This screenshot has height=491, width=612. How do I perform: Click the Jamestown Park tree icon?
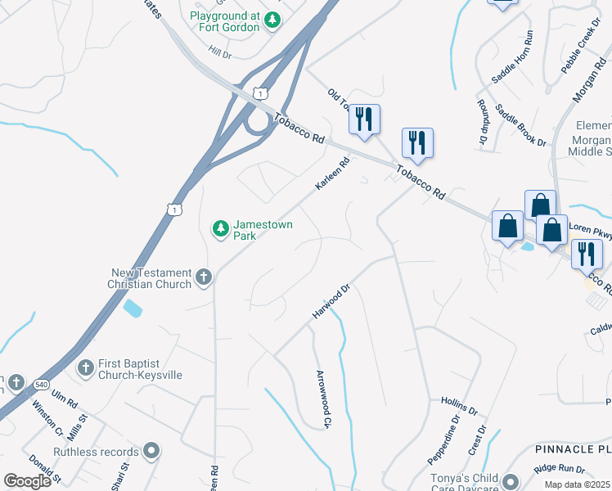point(220,229)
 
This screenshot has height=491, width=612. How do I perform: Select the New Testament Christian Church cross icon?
point(204,278)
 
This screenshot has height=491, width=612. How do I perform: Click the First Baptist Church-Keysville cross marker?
point(85,368)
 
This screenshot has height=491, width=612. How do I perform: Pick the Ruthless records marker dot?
point(151,451)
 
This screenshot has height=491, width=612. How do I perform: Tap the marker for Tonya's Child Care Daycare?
point(511,482)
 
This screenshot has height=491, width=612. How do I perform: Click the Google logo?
point(27,481)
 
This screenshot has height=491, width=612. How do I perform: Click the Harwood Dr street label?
point(331,302)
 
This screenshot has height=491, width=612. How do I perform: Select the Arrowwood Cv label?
point(323,399)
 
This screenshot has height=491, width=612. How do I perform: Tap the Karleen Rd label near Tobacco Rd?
point(332,175)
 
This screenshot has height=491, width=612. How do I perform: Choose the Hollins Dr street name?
point(458,405)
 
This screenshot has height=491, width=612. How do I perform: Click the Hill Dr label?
point(220,52)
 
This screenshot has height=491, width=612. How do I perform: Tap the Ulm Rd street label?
point(63,399)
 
